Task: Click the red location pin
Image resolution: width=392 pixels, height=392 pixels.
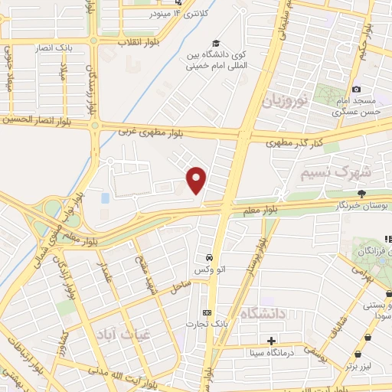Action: click(197, 181)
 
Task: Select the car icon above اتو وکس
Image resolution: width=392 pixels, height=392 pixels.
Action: click(207, 257)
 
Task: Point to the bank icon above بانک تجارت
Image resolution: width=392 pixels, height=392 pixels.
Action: click(206, 312)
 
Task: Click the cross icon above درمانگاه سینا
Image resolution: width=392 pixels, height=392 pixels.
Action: click(271, 341)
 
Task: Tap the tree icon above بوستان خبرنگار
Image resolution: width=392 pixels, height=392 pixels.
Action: click(362, 193)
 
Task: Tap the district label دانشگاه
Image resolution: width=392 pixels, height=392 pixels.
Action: click(262, 314)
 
